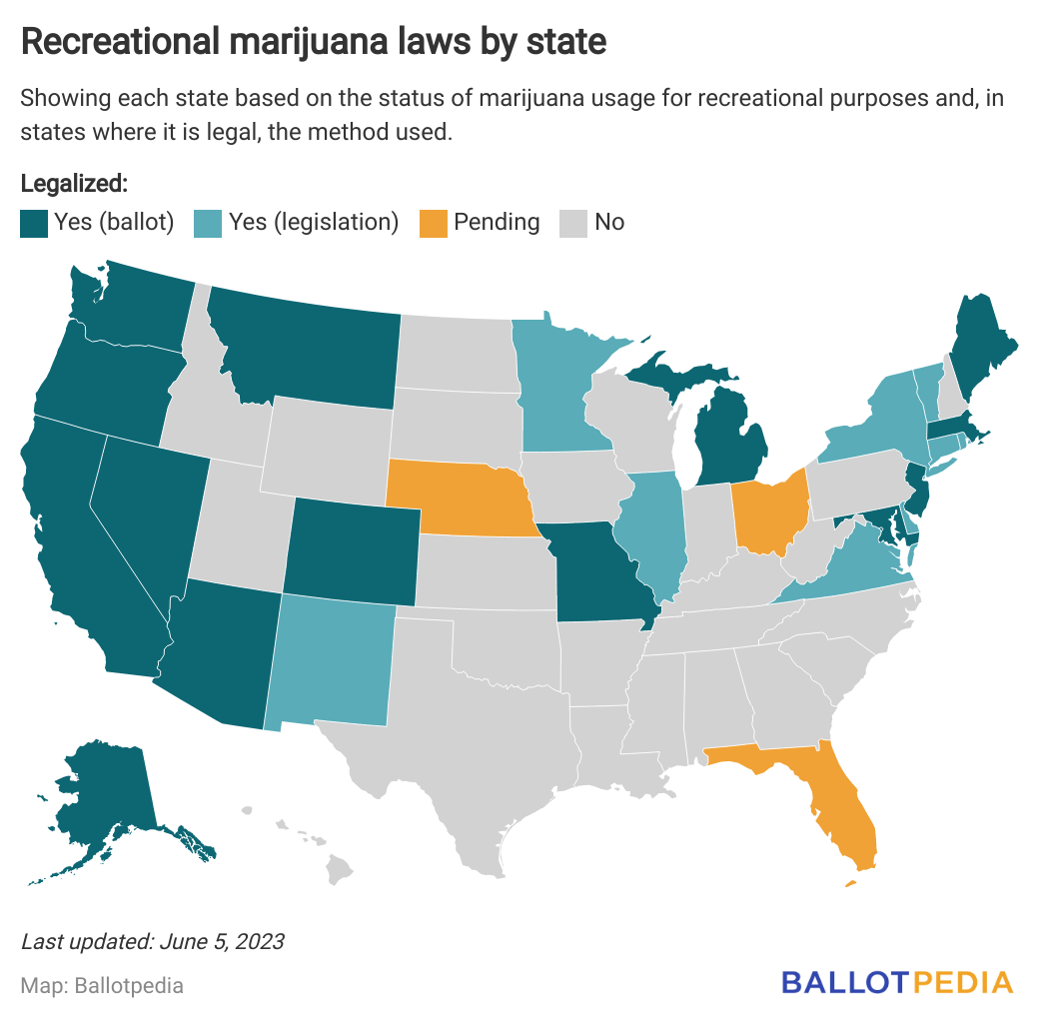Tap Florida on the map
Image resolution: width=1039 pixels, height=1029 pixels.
point(839,799)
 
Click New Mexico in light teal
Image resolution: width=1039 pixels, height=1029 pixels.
point(330,659)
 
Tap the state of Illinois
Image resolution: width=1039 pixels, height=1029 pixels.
point(654,529)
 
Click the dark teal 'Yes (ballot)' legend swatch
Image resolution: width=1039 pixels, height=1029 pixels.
point(33,223)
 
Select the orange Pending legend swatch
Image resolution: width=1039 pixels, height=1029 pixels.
point(433,223)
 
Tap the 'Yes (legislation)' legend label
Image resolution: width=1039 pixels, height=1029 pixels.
point(314,222)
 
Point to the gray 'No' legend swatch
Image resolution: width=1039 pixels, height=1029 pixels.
point(572,223)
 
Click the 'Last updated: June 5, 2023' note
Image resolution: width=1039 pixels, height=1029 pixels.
point(152,941)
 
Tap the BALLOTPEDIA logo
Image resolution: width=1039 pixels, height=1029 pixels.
point(896,982)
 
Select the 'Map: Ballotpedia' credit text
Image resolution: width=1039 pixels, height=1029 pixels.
point(102,985)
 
